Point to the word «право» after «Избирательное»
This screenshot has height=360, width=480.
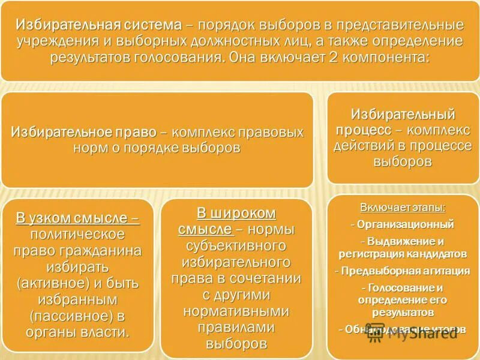coord(135,132)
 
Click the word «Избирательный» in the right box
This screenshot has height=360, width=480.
coord(403,114)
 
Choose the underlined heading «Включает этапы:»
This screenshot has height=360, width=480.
coord(403,208)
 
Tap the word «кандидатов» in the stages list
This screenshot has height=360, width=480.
coord(437,254)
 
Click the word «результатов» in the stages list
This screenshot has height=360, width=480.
coord(402,312)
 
